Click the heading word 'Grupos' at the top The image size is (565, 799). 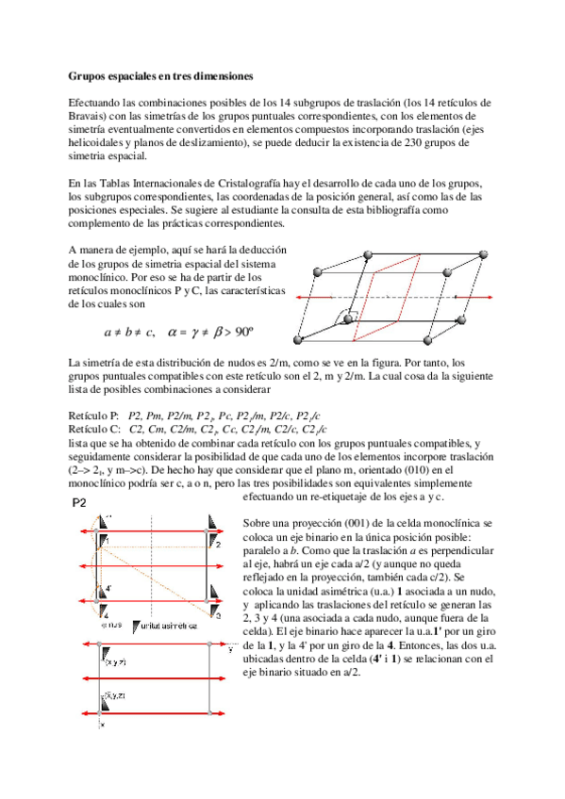click(x=91, y=74)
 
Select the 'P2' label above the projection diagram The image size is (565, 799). click(x=80, y=504)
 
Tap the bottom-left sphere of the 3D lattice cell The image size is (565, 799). click(x=301, y=341)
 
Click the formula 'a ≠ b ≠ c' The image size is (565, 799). click(x=129, y=333)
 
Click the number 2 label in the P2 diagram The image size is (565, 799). click(x=217, y=545)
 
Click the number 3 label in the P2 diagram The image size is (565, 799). click(x=217, y=615)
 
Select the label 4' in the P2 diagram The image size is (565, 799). click(x=109, y=588)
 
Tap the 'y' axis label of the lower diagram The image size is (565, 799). click(x=231, y=648)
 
